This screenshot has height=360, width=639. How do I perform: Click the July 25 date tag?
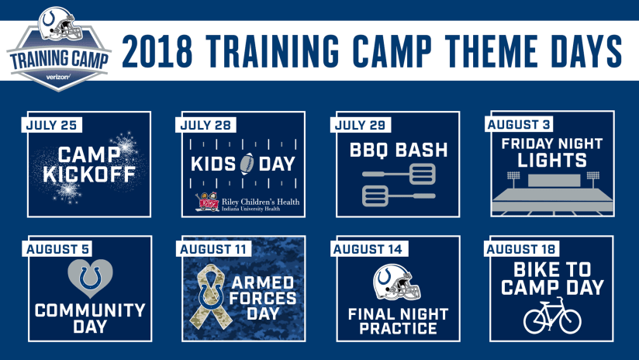coord(52,125)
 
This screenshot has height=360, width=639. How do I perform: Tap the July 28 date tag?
coord(206,125)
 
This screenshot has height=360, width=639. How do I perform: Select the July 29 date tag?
coord(361,125)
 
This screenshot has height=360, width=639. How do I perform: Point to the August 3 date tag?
coord(519,124)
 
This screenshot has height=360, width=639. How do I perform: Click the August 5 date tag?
coord(57,249)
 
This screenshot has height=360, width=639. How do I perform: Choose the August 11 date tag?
coord(213,249)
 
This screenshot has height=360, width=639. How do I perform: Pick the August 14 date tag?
coord(368,249)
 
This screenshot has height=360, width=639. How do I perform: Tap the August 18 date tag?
coord(521,249)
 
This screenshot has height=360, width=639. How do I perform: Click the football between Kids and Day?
coord(247,164)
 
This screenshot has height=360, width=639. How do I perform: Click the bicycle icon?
coord(552,316)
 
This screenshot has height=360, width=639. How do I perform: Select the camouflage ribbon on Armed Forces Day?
coord(210,296)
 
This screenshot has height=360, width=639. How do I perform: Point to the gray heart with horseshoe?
coord(90,279)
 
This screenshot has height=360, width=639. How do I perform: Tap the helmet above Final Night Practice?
coord(396,283)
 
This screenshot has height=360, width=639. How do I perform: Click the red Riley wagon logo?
coord(207,202)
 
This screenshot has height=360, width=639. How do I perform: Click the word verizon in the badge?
coord(59,77)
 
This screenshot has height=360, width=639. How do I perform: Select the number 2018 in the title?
coord(157,51)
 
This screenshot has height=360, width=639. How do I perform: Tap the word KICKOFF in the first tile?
coord(89,174)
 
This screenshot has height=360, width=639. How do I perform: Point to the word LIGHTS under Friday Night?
coord(552,160)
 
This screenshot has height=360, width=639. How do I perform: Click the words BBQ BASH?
coord(399,150)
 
